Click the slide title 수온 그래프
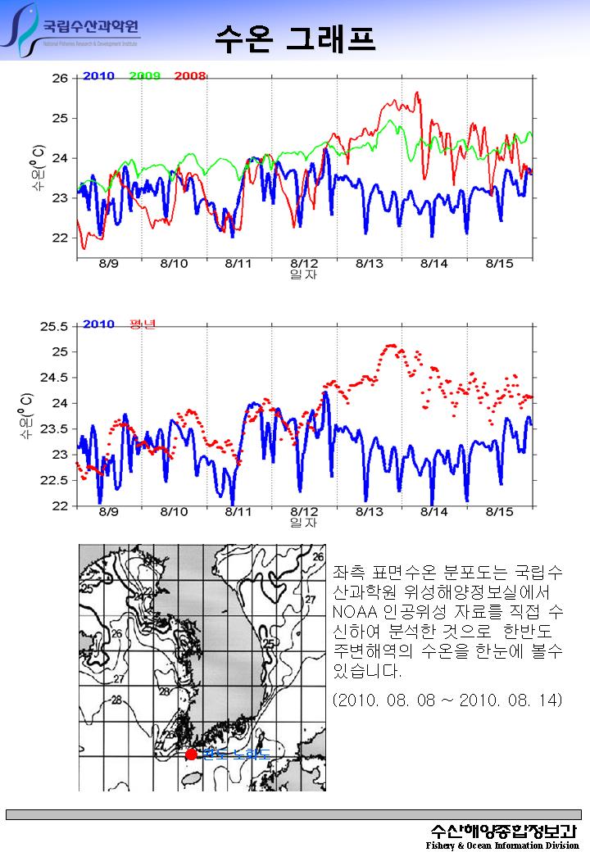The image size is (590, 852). click(295, 38)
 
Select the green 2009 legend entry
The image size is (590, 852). click(144, 76)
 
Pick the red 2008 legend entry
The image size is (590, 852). click(189, 76)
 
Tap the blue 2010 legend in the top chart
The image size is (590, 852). click(98, 76)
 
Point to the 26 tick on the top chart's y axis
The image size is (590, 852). click(60, 79)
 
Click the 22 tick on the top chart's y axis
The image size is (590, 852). click(60, 238)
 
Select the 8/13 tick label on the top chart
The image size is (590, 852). click(370, 264)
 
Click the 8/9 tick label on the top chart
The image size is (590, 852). click(108, 264)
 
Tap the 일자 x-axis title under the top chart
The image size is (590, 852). click(303, 274)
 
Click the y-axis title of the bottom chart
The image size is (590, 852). click(27, 415)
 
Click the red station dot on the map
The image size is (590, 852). click(191, 755)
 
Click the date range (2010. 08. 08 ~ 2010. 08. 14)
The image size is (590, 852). click(447, 701)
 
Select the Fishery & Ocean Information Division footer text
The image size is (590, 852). click(502, 845)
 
